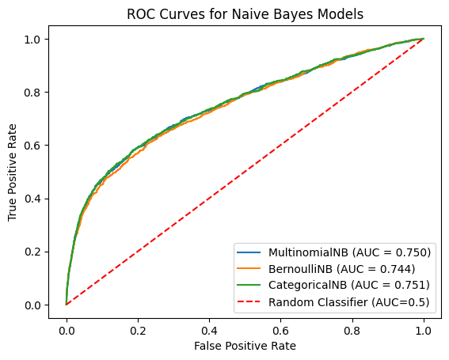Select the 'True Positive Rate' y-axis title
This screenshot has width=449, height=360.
[12, 172]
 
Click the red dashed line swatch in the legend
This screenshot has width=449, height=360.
[249, 301]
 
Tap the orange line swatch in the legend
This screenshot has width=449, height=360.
[249, 269]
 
